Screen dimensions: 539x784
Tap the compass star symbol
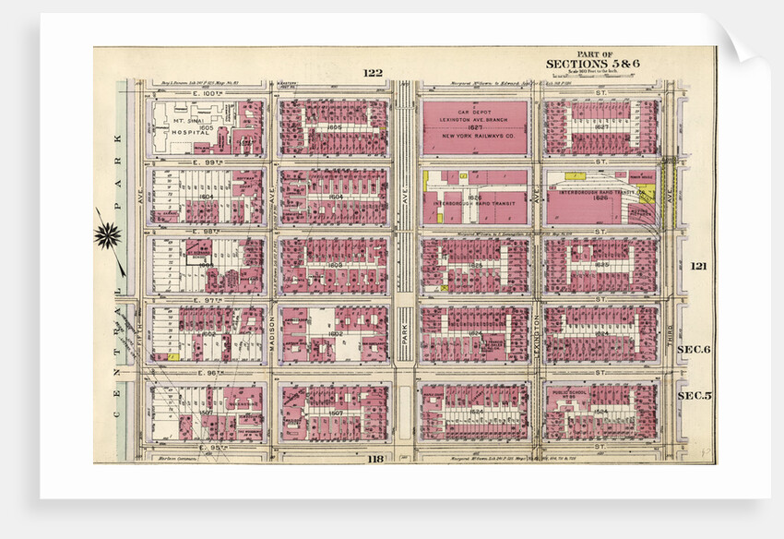click(x=107, y=235)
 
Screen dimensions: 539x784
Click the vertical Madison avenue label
click(x=273, y=339)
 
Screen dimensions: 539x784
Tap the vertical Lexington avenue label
click(x=536, y=325)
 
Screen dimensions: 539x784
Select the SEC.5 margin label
click(x=694, y=396)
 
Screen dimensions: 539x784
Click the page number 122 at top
click(x=373, y=73)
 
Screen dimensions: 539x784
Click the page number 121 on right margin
click(x=698, y=266)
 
